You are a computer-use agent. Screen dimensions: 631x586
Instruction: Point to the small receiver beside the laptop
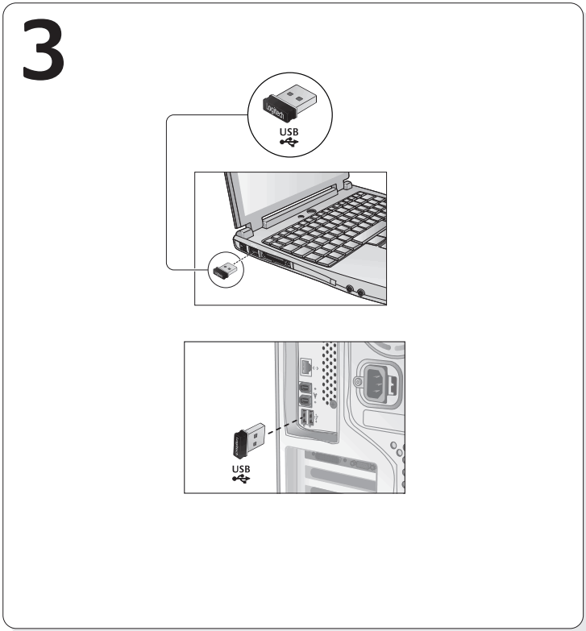click(223, 269)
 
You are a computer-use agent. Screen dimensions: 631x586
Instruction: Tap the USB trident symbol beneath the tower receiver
click(241, 479)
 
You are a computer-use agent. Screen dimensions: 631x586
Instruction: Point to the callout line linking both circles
click(167, 193)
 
